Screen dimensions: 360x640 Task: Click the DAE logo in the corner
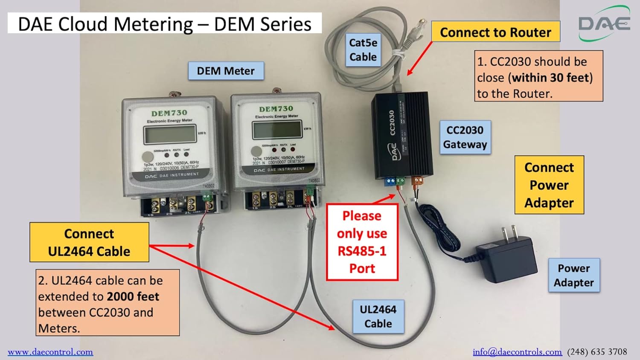coord(604,23)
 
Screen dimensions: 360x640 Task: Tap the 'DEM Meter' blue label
coord(226,71)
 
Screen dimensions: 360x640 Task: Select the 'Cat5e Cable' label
coord(363,50)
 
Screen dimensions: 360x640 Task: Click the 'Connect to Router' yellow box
coord(495,32)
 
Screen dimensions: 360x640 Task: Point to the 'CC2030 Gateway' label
coord(465,137)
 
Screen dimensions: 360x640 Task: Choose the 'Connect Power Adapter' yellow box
coord(549,185)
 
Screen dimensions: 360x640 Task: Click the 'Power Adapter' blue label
coord(573,276)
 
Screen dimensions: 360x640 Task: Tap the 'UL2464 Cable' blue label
coord(378,316)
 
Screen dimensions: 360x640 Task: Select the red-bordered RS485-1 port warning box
coord(362,242)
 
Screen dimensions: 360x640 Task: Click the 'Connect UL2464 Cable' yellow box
coord(89,242)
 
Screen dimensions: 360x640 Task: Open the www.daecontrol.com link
coord(50,352)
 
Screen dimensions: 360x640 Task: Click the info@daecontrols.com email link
coord(517,352)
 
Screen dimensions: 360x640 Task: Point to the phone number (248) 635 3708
coord(597,352)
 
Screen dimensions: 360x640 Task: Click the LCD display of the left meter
coord(170,135)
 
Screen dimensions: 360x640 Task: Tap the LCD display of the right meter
coord(277,130)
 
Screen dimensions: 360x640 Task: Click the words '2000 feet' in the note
coord(133,296)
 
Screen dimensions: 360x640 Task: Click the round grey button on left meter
coord(148,157)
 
